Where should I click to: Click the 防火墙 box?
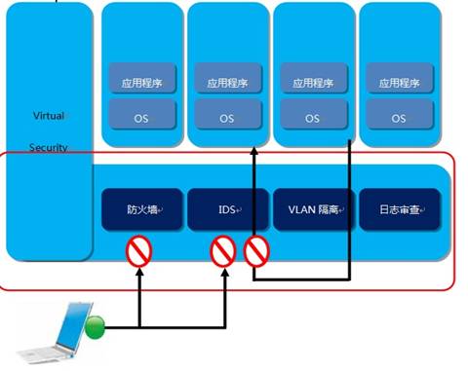[x=140, y=209]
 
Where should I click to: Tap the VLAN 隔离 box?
[x=313, y=209]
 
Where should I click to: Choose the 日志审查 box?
[x=399, y=209]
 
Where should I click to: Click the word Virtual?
[x=48, y=116]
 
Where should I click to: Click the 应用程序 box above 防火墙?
[x=140, y=81]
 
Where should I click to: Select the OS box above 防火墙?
[x=140, y=118]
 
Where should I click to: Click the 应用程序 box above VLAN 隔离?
[x=313, y=81]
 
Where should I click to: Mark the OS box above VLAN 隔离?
[x=313, y=118]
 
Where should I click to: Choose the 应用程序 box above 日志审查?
[x=399, y=81]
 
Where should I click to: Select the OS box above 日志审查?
[x=399, y=118]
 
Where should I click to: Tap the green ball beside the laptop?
[x=94, y=328]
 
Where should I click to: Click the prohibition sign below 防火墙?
[x=140, y=255]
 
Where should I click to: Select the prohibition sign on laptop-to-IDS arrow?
[x=224, y=254]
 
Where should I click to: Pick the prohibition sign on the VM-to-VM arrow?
[x=255, y=254]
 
